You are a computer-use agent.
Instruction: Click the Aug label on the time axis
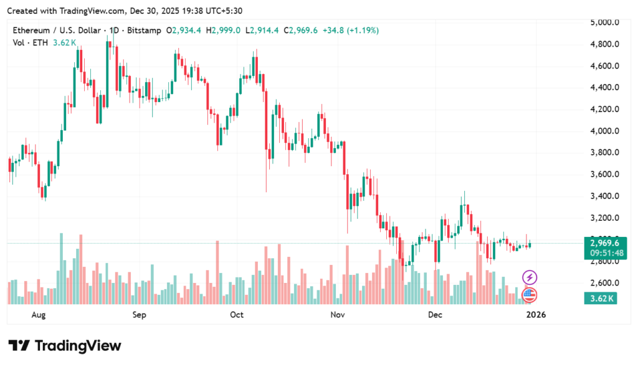[39, 315]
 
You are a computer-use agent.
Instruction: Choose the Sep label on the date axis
[139, 315]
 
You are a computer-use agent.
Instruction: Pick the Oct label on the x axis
[237, 315]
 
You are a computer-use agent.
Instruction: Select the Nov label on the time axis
[337, 315]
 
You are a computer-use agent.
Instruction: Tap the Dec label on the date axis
[435, 315]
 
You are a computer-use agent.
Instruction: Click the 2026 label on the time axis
[536, 315]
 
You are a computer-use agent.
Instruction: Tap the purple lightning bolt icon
[530, 277]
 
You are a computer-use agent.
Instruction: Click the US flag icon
[529, 294]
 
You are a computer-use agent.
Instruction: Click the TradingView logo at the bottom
[65, 346]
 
